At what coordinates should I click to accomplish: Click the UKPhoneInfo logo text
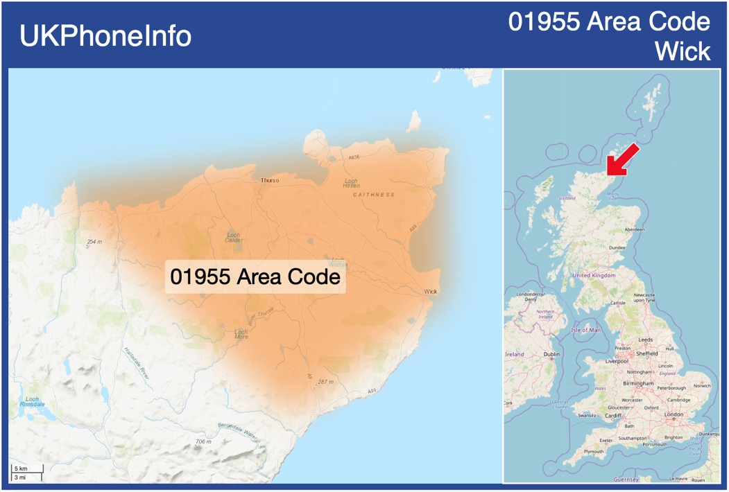click(x=105, y=36)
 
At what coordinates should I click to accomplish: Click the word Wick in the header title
click(x=683, y=51)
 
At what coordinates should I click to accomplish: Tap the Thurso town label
click(x=270, y=180)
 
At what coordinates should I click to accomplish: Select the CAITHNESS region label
click(x=373, y=195)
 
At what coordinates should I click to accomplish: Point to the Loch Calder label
click(x=233, y=238)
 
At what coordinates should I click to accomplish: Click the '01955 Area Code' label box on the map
click(x=255, y=277)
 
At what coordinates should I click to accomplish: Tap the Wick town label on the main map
click(x=431, y=292)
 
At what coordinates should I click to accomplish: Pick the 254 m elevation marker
click(x=94, y=242)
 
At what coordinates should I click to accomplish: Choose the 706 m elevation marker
click(x=203, y=441)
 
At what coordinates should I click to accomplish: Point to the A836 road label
click(x=354, y=157)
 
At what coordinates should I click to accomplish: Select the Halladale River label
click(x=136, y=362)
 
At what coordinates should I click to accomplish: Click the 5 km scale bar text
click(x=21, y=469)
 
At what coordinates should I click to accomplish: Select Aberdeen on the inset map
click(x=634, y=229)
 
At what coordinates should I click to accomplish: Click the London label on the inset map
click(x=674, y=414)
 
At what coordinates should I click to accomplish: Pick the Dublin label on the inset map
click(x=551, y=354)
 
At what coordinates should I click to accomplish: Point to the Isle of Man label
click(x=585, y=330)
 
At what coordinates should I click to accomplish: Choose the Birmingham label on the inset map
click(x=638, y=383)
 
